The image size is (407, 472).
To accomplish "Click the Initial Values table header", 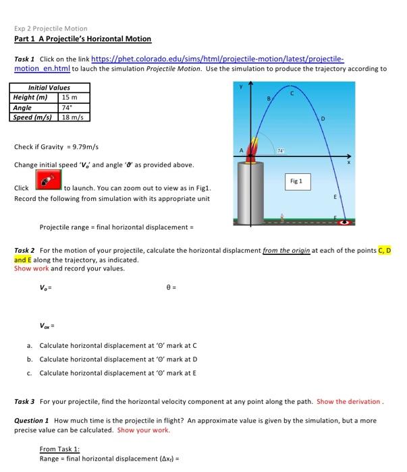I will pyautogui.click(x=49, y=88).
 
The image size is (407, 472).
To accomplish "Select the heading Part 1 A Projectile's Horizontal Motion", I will pyautogui.click(x=82, y=40).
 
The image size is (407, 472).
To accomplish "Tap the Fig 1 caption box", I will pyautogui.click(x=296, y=181).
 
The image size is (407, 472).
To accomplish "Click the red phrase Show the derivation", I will pyautogui.click(x=349, y=401).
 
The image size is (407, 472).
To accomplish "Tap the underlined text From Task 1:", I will pyautogui.click(x=59, y=449).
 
